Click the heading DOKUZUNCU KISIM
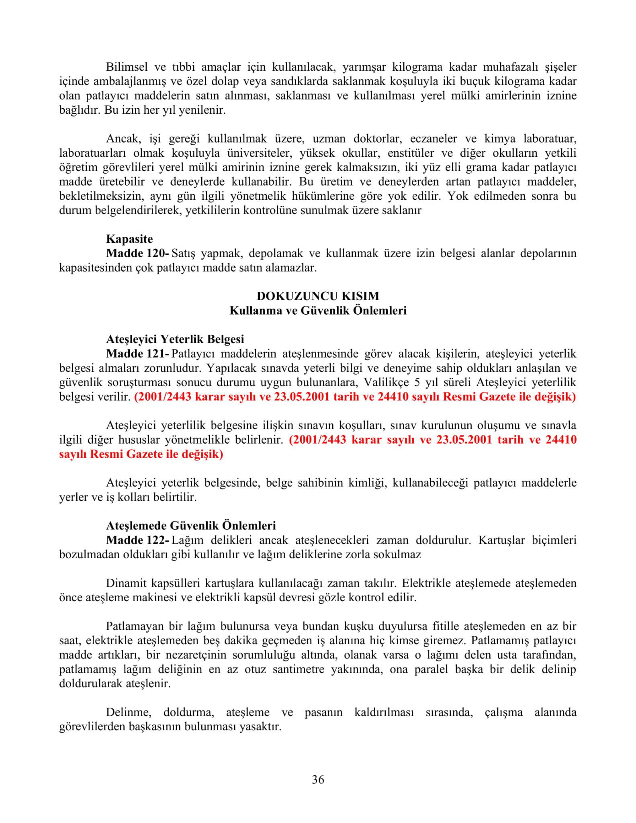[x=318, y=296]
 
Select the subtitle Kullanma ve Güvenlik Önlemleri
[x=318, y=310]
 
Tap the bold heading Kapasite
[x=129, y=239]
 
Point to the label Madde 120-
[x=137, y=253]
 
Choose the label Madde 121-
[x=137, y=354]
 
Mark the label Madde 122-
[x=137, y=540]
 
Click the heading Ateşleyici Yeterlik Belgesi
[x=175, y=339]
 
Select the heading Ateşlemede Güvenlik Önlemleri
[x=191, y=525]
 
